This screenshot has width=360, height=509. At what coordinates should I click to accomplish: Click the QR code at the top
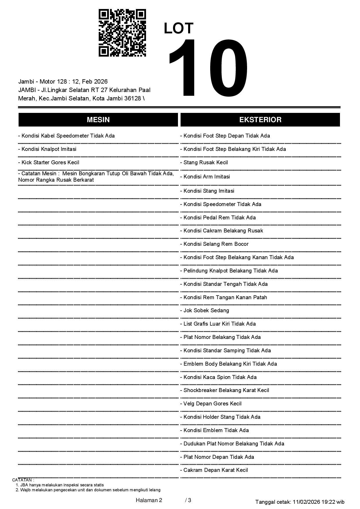pos(122,33)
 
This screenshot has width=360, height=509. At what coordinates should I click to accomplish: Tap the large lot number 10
pos(208,68)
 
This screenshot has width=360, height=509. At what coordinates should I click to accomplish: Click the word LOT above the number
pos(179,28)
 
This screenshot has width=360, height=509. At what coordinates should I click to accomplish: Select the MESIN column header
pos(98,120)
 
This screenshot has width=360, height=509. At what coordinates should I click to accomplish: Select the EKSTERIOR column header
pos(260,120)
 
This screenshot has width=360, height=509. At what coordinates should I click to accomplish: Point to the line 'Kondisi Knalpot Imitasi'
pos(47,149)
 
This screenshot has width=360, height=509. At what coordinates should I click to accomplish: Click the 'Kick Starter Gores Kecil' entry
pos(49,163)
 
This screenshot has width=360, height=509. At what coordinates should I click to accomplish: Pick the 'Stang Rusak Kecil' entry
pos(204,163)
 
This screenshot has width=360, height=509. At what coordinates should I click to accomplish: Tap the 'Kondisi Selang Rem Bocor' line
pos(215,244)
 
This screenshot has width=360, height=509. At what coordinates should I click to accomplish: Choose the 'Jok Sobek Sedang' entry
pos(205,311)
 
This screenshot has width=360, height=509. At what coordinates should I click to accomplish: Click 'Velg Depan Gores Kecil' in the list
pos(211,404)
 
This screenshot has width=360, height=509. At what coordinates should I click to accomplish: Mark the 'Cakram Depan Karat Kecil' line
pos(214,470)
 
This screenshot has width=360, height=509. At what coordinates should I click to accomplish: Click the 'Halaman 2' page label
pos(149,500)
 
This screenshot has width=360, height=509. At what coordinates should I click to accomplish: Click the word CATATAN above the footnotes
pos(23,480)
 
